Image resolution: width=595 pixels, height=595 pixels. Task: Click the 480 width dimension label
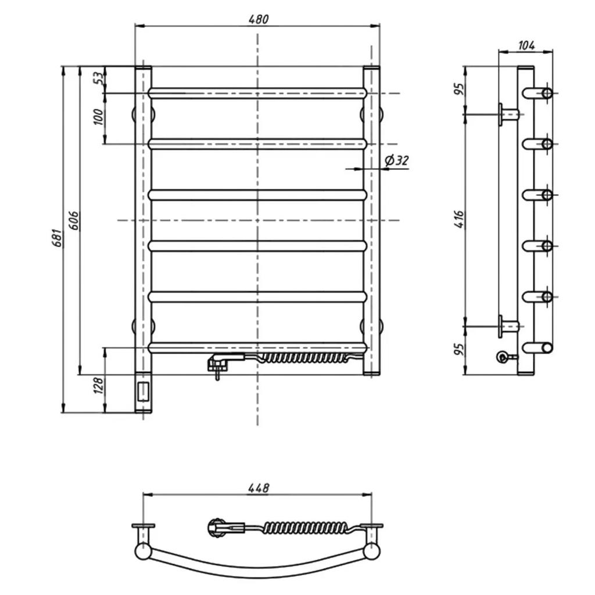[258, 19]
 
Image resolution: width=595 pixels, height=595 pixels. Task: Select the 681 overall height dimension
[56, 238]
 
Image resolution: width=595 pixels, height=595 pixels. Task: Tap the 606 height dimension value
[74, 220]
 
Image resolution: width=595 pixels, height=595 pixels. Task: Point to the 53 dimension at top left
[98, 78]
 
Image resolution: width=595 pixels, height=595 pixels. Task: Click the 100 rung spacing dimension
[98, 117]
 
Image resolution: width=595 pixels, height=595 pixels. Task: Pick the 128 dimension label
[99, 385]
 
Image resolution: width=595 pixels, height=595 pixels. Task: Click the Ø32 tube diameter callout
[397, 160]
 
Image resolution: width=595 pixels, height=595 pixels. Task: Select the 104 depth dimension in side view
[526, 45]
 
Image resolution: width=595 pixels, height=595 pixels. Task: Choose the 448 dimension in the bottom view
[259, 488]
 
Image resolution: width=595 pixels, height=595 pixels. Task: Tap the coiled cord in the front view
[303, 358]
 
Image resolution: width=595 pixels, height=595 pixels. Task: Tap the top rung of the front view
[257, 94]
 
